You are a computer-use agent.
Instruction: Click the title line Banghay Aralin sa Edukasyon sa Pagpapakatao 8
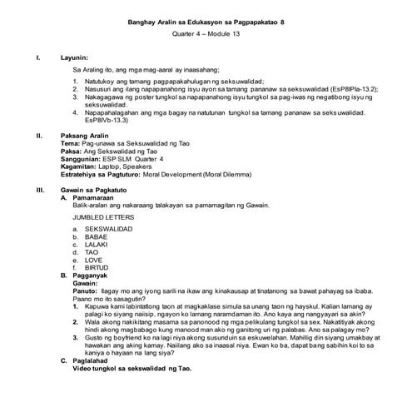click(206, 22)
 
